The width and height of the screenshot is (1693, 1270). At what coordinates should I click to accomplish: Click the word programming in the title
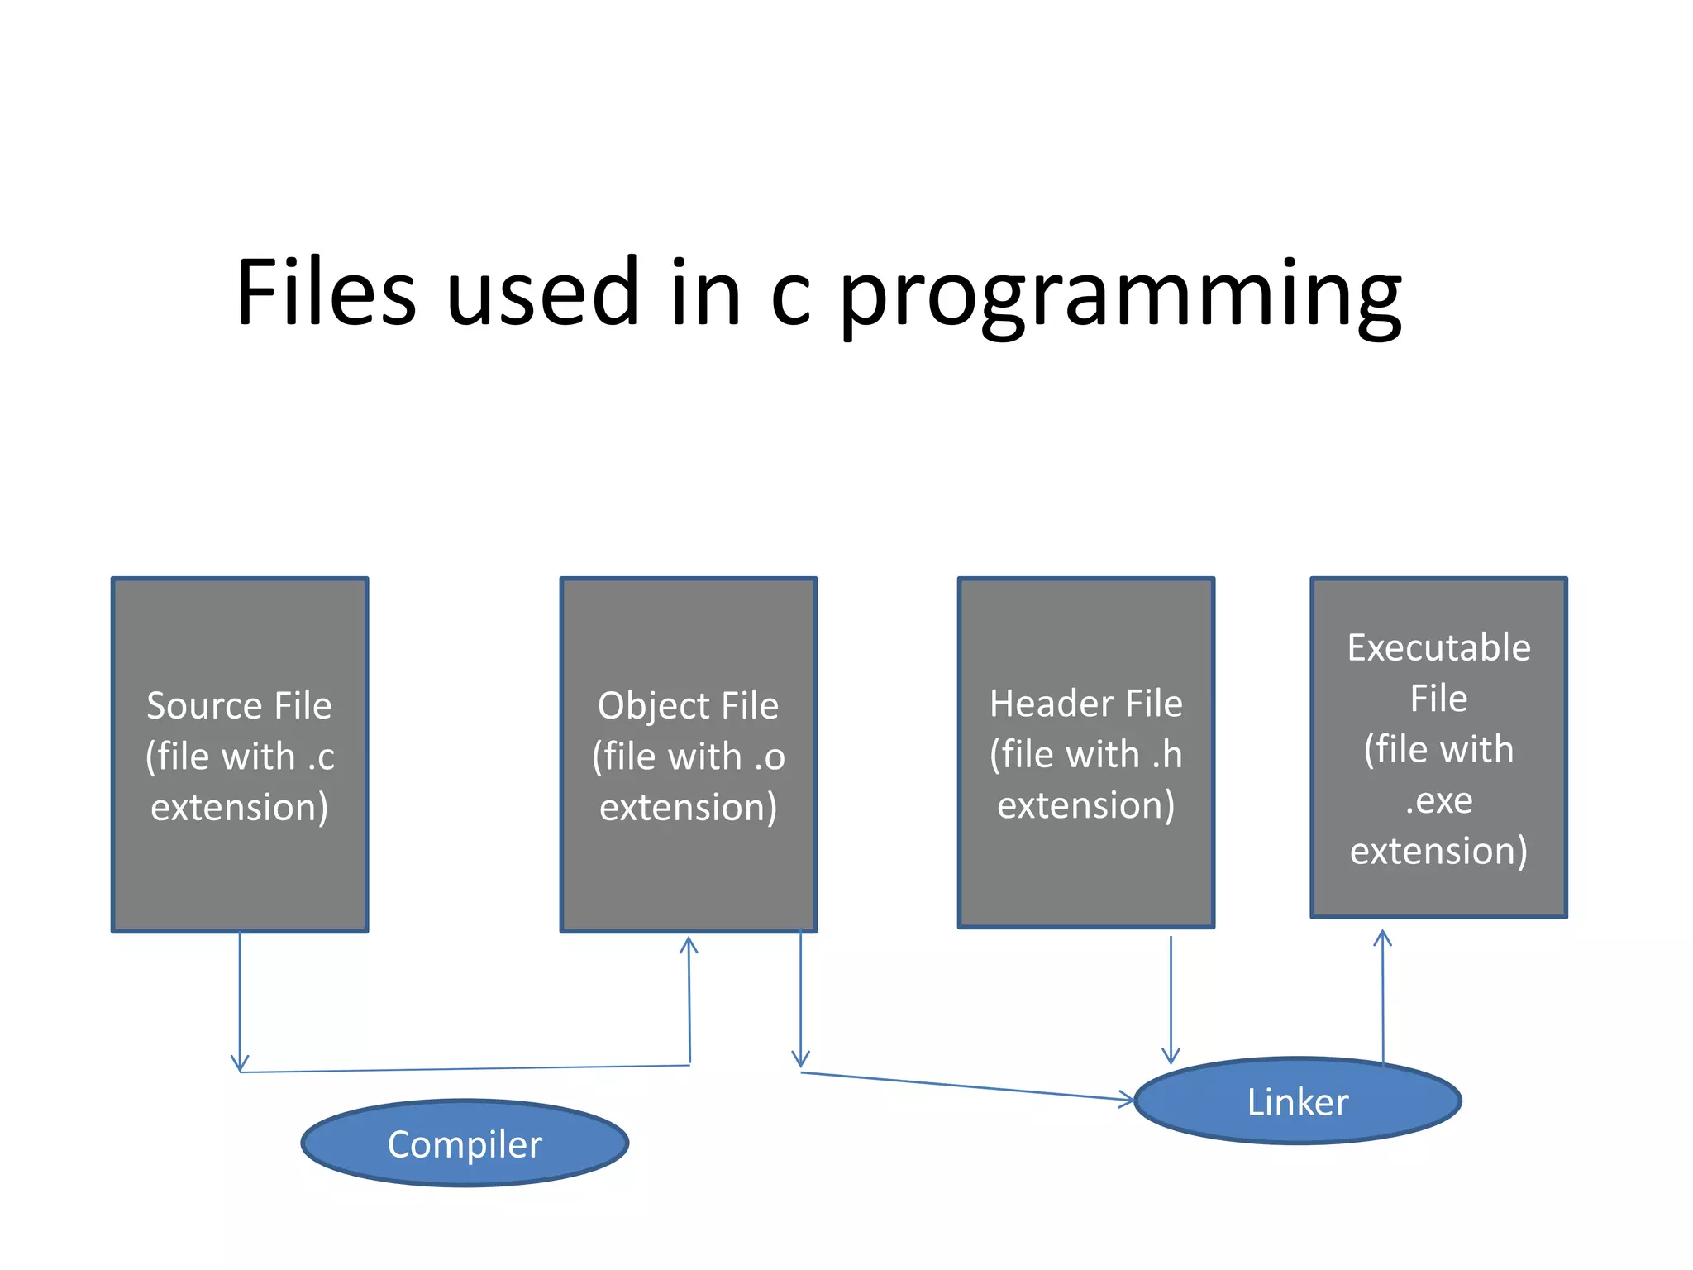1120,294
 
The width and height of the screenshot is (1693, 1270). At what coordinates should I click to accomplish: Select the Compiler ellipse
465,1143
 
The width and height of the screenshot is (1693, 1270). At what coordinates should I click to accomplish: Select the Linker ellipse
1298,1101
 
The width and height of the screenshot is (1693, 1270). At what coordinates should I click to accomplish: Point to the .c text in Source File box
321,757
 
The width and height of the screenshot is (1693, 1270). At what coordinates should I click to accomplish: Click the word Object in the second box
653,705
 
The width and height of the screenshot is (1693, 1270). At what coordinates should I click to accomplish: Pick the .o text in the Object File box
769,757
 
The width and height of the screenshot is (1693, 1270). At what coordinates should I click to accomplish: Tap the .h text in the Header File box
1167,754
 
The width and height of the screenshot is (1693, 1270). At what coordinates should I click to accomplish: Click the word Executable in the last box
1438,647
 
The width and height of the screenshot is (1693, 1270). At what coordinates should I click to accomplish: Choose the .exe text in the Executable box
1438,800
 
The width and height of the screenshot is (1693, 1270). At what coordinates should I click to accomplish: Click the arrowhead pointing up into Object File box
689,944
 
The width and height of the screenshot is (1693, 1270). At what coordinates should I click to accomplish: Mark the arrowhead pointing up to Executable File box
1382,938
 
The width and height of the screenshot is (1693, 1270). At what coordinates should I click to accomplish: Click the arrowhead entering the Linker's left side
1128,1100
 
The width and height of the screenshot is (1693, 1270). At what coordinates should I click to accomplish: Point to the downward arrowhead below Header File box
1171,1056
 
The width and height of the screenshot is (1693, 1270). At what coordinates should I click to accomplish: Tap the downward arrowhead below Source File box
240,1063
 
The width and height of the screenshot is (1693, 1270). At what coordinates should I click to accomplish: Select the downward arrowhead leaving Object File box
800,1059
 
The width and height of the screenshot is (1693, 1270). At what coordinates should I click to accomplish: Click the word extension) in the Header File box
1085,805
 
